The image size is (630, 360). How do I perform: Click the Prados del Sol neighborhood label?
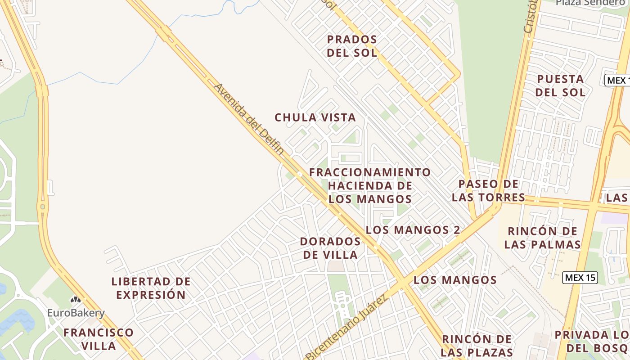tap(352, 46)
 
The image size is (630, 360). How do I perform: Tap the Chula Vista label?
tap(315, 117)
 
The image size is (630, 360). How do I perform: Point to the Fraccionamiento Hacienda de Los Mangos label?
tap(370, 185)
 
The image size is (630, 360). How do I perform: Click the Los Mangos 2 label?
tap(413, 229)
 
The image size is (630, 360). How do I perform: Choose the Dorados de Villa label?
tap(330, 248)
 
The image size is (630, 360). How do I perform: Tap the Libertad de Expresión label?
tap(151, 288)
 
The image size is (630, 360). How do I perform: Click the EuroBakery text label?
tap(76, 313)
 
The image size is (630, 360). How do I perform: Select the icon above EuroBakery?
tap(76, 299)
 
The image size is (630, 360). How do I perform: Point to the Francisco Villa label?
tap(99, 339)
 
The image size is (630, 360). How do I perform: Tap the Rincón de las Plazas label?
tap(477, 345)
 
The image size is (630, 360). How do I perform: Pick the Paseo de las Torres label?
tap(489, 190)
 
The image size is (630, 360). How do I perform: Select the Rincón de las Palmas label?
tap(542, 238)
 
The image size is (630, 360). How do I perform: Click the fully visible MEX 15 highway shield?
tap(580, 278)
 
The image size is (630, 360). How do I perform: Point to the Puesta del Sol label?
tap(561, 85)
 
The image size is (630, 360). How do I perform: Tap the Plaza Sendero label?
tap(590, 3)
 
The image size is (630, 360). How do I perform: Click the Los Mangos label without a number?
tap(455, 280)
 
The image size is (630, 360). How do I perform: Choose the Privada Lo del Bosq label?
tap(592, 341)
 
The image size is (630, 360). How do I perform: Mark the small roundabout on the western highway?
tap(43, 207)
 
